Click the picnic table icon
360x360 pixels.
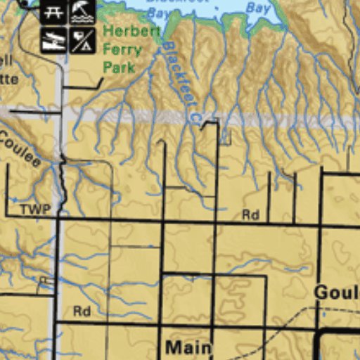click(x=53, y=12)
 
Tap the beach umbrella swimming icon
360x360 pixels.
click(x=82, y=12)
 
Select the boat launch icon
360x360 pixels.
click(x=53, y=40)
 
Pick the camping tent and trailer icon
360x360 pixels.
click(x=82, y=40)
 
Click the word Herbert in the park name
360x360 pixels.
click(x=131, y=32)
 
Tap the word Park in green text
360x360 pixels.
click(x=119, y=67)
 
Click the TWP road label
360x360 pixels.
click(x=35, y=210)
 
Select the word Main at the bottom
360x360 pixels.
click(x=188, y=347)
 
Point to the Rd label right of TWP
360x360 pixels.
click(x=250, y=215)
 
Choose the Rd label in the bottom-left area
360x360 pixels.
click(x=82, y=311)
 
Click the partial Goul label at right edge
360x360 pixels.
click(x=337, y=292)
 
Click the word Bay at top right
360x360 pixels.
click(x=259, y=9)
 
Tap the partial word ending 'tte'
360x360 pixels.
click(x=8, y=79)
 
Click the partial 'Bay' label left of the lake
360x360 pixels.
click(x=160, y=14)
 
